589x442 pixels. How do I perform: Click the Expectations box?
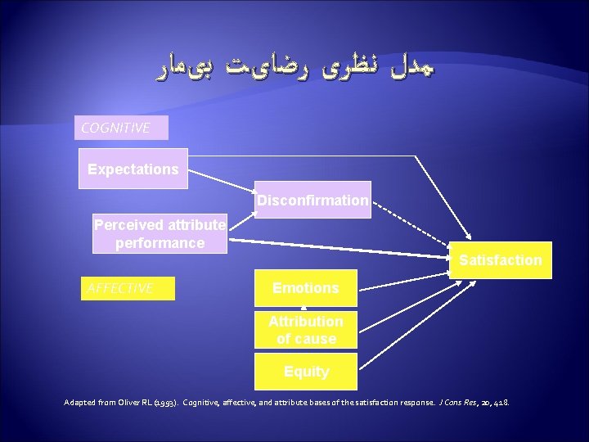point(133,169)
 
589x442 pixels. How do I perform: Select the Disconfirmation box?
point(312,200)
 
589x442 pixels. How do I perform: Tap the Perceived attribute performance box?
point(160,233)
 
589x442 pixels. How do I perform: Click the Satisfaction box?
point(500,259)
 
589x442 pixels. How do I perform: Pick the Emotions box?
point(305,287)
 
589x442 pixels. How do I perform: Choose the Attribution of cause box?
point(305,330)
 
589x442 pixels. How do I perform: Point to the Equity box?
point(305,371)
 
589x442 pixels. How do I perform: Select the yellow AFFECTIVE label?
point(127,288)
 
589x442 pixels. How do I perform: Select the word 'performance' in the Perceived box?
point(160,243)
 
